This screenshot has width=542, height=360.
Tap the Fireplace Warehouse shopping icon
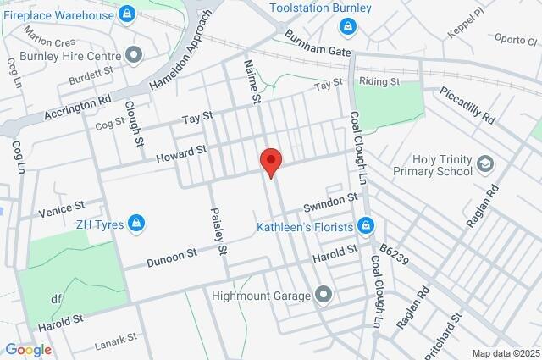click(x=127, y=14)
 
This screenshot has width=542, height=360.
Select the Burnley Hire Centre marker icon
click(x=133, y=55)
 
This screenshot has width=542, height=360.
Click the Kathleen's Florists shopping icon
click(x=366, y=226)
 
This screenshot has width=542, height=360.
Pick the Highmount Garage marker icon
click(x=323, y=295)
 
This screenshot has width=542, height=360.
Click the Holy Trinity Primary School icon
click(x=486, y=163)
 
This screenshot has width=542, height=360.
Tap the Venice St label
click(x=62, y=205)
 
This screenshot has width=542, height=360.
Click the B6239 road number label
click(x=394, y=255)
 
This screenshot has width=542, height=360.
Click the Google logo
click(x=27, y=350)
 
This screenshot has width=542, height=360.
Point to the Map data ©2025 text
click(x=505, y=353)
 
